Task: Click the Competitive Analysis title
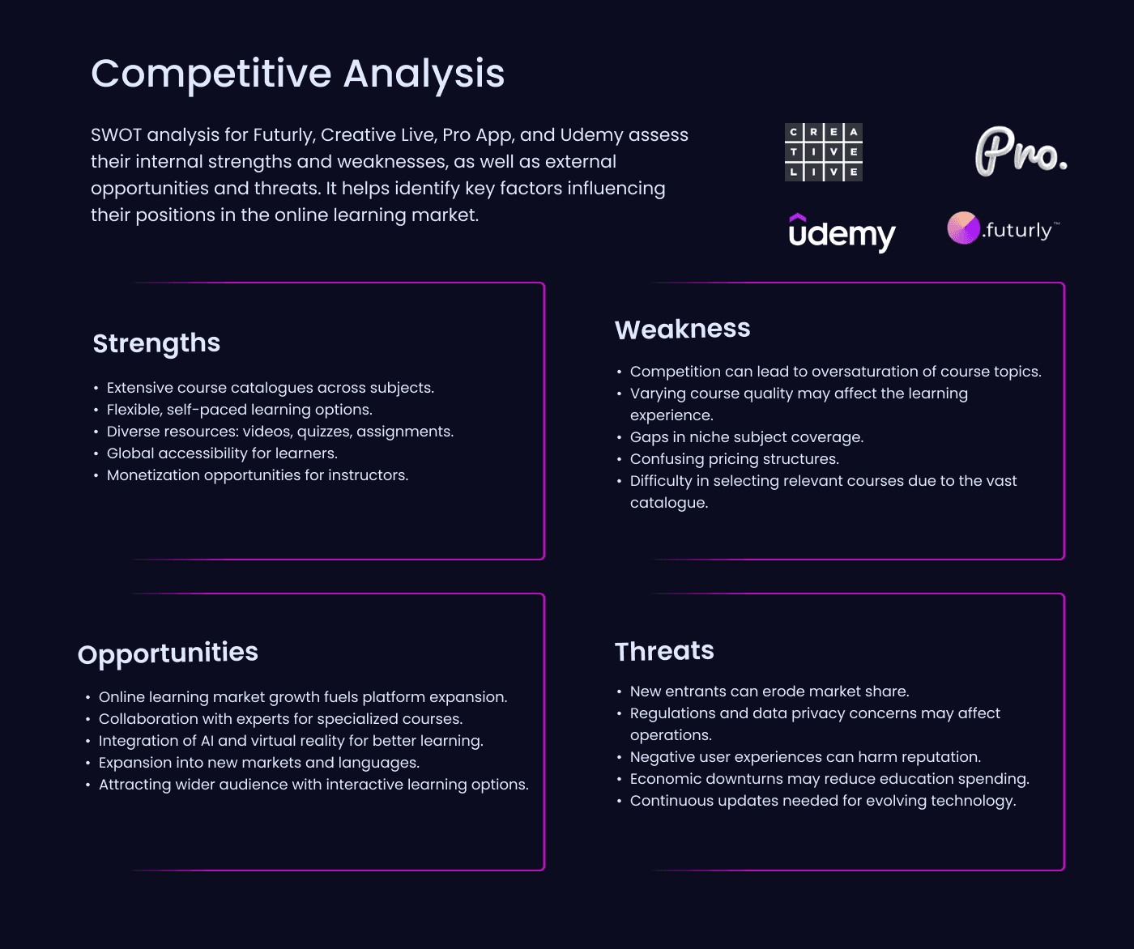click(x=297, y=74)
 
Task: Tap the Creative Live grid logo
click(x=823, y=152)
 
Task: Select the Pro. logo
click(x=1020, y=151)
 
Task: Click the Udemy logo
click(x=842, y=233)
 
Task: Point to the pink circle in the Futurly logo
click(x=963, y=228)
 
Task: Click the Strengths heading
click(x=156, y=343)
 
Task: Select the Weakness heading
click(x=682, y=329)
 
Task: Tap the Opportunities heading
click(x=168, y=653)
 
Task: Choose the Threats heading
click(x=664, y=651)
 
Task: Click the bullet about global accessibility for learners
click(x=222, y=453)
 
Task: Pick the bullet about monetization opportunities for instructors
click(x=258, y=475)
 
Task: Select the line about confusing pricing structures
click(x=734, y=459)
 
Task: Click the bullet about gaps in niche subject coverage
click(x=746, y=437)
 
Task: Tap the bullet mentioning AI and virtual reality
click(x=290, y=741)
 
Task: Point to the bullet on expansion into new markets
click(x=258, y=763)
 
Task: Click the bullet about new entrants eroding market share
click(x=769, y=692)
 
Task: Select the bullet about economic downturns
click(x=829, y=779)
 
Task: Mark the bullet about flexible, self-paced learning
click(x=239, y=410)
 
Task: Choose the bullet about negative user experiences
click(x=804, y=757)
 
